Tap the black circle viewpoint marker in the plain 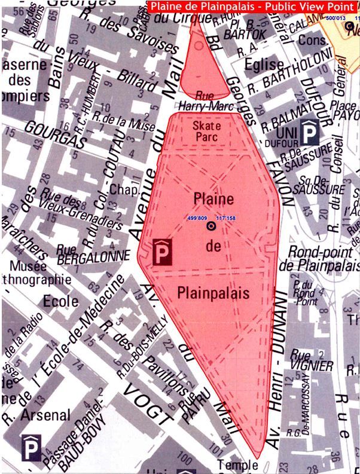pos(210,227)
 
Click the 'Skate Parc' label pos(207,131)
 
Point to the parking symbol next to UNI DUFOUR pos(309,132)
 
